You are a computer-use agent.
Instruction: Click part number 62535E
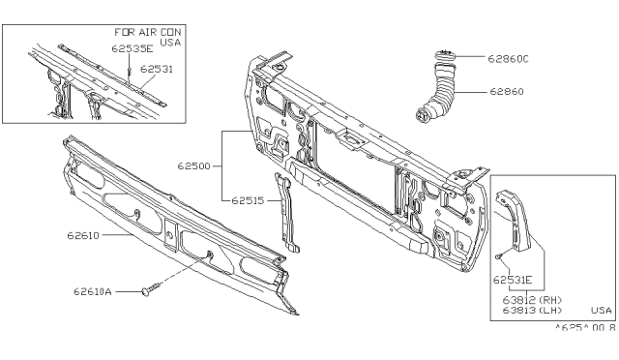tap(132, 48)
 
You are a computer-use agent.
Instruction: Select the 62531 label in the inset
tap(157, 69)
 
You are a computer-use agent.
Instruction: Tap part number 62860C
tap(508, 59)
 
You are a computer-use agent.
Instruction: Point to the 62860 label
tap(507, 92)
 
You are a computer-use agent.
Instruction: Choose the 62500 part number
tap(193, 166)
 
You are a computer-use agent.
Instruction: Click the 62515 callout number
tap(248, 200)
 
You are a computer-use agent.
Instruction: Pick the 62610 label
tap(83, 235)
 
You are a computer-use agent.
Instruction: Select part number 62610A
tap(93, 292)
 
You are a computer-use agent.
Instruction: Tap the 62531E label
tap(513, 281)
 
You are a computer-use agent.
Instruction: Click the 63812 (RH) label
tap(532, 300)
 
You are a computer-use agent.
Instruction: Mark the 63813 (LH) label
tap(532, 311)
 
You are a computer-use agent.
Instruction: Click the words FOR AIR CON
tap(148, 32)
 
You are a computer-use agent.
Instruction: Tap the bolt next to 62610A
tap(151, 289)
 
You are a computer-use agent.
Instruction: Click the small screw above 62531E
tap(499, 256)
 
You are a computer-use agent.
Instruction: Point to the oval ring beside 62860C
tap(445, 55)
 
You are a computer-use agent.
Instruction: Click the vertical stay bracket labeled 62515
tap(287, 214)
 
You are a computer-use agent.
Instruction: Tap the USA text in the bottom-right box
tap(601, 311)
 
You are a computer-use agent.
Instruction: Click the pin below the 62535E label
tap(129, 72)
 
